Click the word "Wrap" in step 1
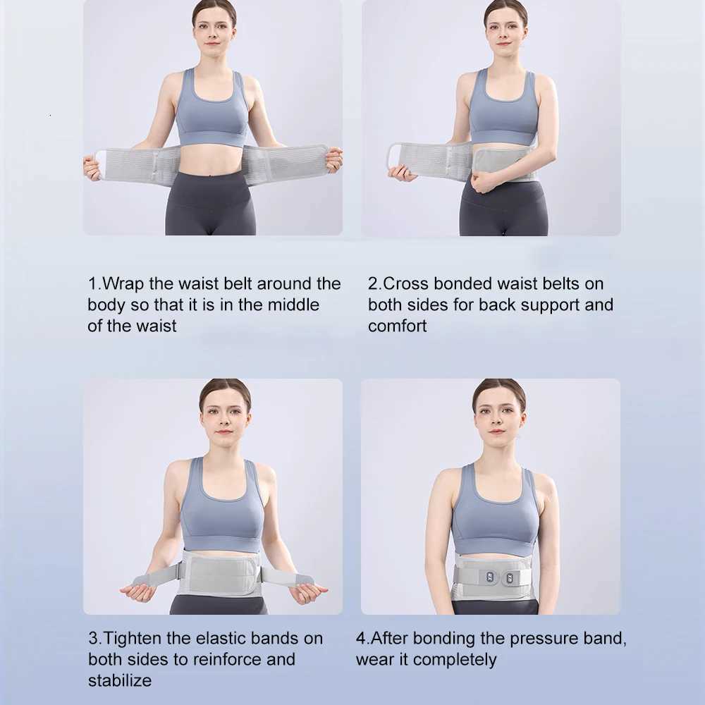coord(123,284)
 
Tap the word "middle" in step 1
coord(293,305)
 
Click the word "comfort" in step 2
coord(397,326)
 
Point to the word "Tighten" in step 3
coord(133,639)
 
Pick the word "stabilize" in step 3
coord(120,681)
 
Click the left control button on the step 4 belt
coord(489,578)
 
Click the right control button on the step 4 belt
coord(510,579)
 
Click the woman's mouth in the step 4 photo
coord(496,431)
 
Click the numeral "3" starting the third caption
coord(93,639)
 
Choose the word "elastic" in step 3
coord(220,639)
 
